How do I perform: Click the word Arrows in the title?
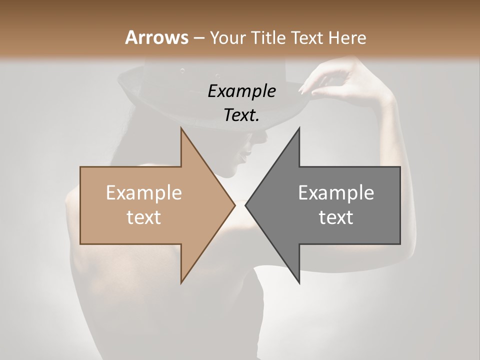(x=156, y=37)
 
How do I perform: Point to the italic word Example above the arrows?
(x=241, y=91)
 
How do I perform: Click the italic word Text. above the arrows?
(x=241, y=115)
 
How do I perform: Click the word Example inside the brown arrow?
(x=144, y=192)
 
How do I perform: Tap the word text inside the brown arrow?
(x=144, y=217)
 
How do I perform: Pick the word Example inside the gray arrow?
(x=336, y=192)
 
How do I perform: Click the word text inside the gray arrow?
(x=336, y=217)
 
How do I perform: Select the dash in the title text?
(x=199, y=38)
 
